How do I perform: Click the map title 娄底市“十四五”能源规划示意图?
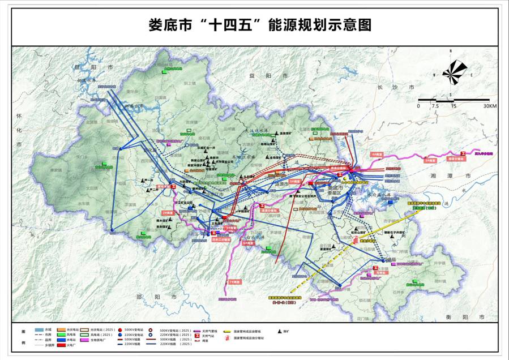[x=254, y=25]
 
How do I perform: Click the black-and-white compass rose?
[x=456, y=72]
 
